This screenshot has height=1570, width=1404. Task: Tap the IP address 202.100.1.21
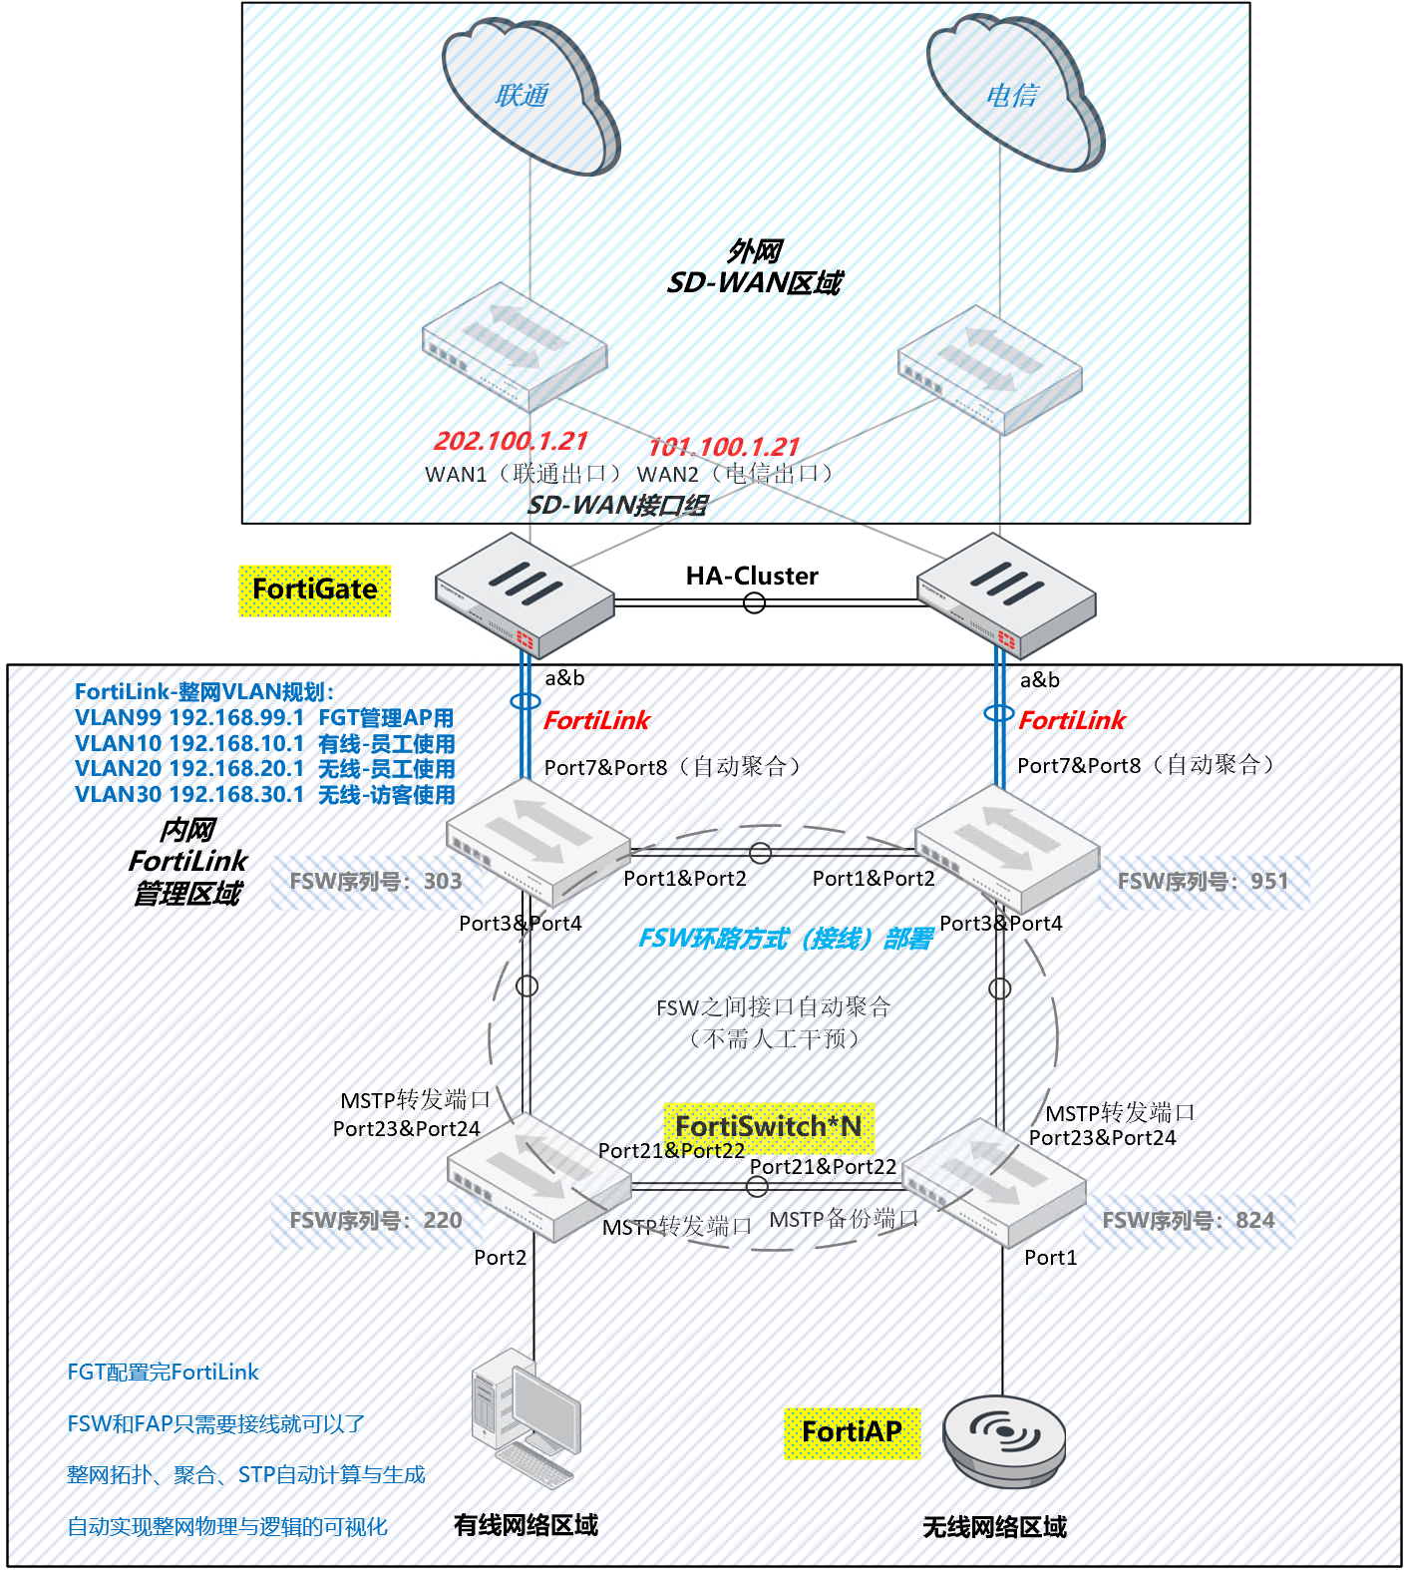511,441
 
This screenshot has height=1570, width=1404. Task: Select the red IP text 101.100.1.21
724,447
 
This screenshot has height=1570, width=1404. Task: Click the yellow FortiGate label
315,589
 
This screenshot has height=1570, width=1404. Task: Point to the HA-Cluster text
752,576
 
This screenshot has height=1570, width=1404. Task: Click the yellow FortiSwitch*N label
769,1126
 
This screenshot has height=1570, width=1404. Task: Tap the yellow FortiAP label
852,1432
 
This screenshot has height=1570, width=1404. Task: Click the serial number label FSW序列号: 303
376,882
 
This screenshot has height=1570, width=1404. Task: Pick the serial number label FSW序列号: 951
1203,882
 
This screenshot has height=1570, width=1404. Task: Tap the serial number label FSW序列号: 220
376,1221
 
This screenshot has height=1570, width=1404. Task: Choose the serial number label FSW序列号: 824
1188,1221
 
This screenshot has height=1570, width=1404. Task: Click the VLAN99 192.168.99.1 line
264,718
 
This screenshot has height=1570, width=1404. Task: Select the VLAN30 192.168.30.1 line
264,795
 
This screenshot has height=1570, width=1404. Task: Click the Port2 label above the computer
500,1258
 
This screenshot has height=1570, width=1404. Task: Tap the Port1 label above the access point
1050,1258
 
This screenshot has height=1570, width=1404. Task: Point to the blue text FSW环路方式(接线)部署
786,939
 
